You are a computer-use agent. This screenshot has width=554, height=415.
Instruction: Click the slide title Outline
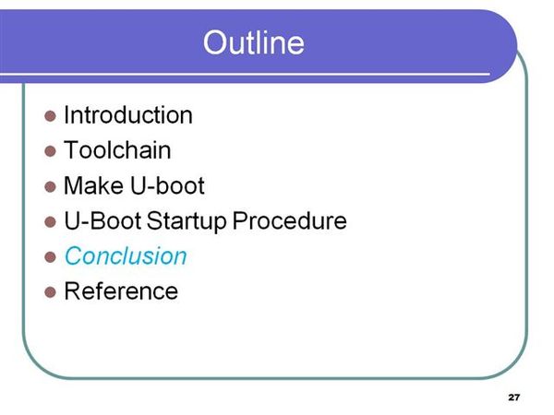pos(253,42)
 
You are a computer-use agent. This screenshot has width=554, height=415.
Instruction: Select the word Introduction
pos(128,115)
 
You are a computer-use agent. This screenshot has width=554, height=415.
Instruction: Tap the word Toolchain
pos(117,150)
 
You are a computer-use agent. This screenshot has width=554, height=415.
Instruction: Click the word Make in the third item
pos(93,185)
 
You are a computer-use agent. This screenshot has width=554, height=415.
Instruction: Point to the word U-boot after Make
pos(167,185)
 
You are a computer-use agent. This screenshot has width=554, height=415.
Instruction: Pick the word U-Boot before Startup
pos(102,220)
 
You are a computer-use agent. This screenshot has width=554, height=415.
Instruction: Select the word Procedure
pos(289,220)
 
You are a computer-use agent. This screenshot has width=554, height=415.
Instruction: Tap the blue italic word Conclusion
pos(126,255)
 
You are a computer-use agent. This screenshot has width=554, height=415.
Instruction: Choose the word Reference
pos(121,291)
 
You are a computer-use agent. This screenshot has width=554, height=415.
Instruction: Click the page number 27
pos(514,397)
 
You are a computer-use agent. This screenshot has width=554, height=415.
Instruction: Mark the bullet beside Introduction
pos(50,116)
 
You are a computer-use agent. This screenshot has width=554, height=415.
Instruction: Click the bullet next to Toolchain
pos(50,151)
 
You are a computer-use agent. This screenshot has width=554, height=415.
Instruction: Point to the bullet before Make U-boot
pos(50,186)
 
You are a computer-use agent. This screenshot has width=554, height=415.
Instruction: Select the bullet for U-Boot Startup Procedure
pos(50,221)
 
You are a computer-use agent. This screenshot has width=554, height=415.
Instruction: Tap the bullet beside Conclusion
pos(50,257)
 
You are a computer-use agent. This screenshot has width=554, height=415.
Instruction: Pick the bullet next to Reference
pos(50,292)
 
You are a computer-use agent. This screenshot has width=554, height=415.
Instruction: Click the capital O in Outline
pos(215,42)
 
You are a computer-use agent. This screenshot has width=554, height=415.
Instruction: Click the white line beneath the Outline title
pos(245,75)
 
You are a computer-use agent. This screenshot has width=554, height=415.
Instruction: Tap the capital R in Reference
pos(72,291)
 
